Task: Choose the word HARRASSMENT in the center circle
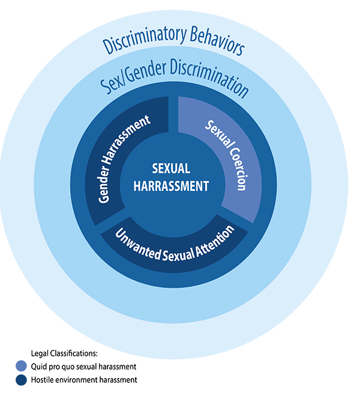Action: (171, 186)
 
